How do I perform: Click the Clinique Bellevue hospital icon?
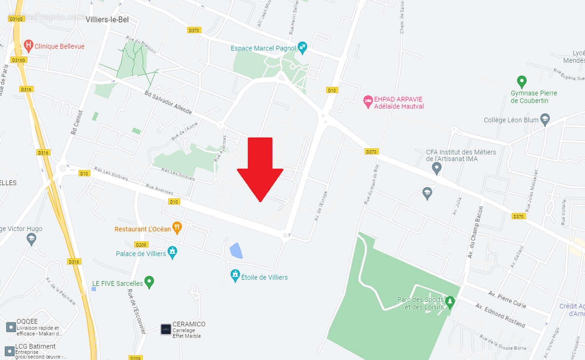[x=28, y=46]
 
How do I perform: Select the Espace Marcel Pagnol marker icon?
[x=302, y=47]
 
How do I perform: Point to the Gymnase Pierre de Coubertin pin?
[x=522, y=81]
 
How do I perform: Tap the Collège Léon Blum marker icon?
[x=545, y=119]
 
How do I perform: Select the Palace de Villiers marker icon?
[x=172, y=252]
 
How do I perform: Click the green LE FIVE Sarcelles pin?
[x=150, y=282]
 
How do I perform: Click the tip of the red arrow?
[x=260, y=201]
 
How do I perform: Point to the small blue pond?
[x=236, y=251]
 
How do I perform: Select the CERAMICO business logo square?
[x=166, y=329]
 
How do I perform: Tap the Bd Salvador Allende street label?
[x=168, y=102]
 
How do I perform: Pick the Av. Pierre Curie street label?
[x=507, y=298]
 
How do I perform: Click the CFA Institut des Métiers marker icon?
[x=437, y=169]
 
